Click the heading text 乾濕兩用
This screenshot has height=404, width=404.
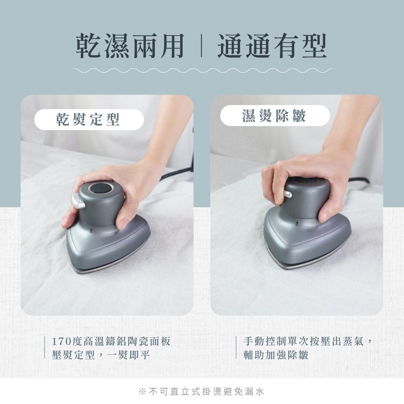point(130,46)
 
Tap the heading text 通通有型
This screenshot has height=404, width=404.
point(272,46)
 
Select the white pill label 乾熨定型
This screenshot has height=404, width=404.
point(89,120)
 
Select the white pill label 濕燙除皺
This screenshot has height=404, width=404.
point(275,116)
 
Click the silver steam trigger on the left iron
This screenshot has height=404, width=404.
point(78,201)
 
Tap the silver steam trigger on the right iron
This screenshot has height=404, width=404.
point(287,194)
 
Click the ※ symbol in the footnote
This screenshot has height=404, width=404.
point(142,391)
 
